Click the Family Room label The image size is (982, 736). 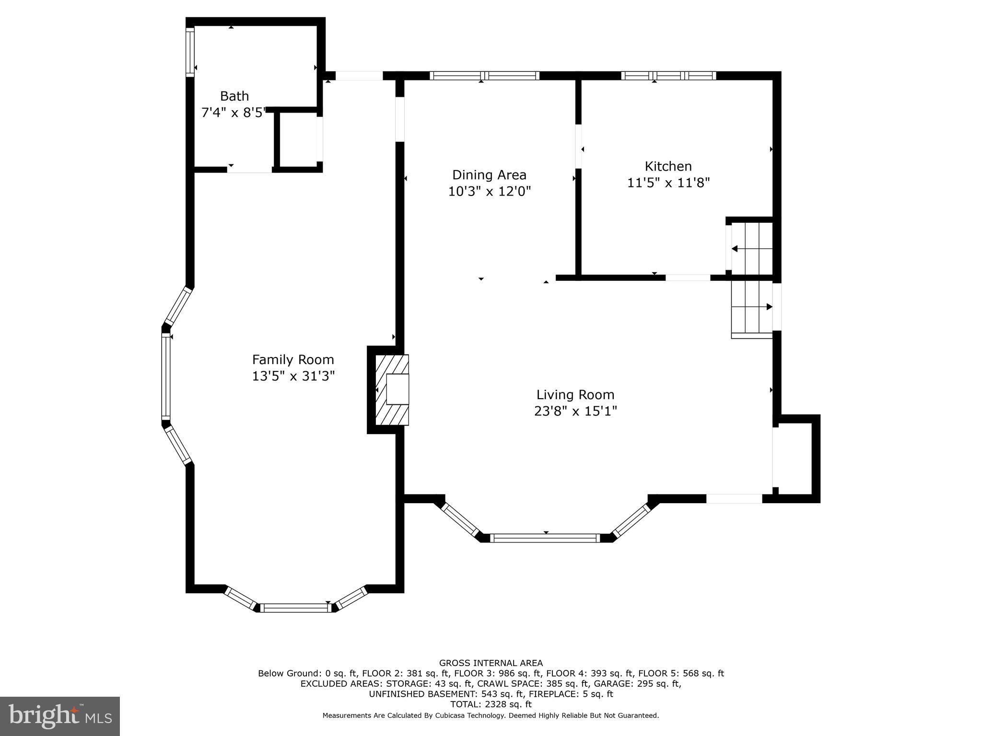coord(293,359)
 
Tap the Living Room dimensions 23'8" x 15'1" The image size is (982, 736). coord(575,411)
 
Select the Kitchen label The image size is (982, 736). coord(668,166)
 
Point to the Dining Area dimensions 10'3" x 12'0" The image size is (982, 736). coord(489,191)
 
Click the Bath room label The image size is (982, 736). coord(234,96)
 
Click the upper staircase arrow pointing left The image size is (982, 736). coord(735,248)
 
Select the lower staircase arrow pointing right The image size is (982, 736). coord(769,307)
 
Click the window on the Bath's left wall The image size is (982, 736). coord(190,52)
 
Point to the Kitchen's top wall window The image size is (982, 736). coord(668,75)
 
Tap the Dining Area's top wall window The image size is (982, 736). coord(484,75)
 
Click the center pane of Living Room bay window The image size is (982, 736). coord(545,538)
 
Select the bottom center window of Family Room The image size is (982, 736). coord(295,608)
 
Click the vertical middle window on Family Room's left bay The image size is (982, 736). coord(166,376)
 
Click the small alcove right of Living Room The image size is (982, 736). coord(793,458)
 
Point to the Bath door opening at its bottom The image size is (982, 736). coord(249,169)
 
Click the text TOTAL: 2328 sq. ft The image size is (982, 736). coord(491,704)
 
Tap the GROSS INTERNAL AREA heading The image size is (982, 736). coord(491,663)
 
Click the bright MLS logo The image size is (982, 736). coord(60,716)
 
